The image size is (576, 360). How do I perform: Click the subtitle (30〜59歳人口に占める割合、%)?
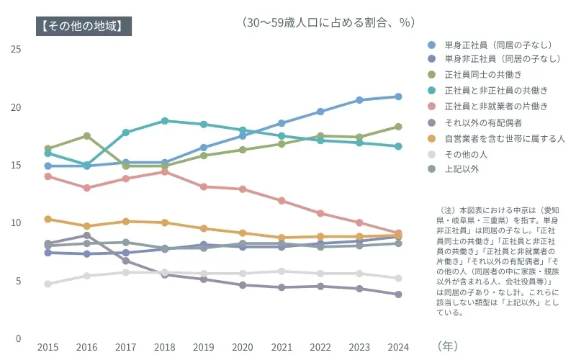329,22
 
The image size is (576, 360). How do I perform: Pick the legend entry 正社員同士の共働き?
482,74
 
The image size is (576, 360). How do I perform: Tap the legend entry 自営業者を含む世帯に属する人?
504,138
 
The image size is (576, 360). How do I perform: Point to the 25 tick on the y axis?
17,49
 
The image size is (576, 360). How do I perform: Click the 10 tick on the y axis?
17,222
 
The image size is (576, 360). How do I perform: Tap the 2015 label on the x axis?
48,346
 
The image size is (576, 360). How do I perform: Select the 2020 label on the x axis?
243,346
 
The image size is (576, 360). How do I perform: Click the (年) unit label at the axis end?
447,346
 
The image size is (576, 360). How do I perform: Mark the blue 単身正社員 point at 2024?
398,96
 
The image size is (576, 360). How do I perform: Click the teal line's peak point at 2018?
165,121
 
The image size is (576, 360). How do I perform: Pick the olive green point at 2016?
86,135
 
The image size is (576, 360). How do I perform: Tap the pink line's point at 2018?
165,171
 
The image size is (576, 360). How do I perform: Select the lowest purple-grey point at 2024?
398,294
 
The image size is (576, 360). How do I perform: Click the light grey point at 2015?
48,284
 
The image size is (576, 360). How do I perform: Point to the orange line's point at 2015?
48,219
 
